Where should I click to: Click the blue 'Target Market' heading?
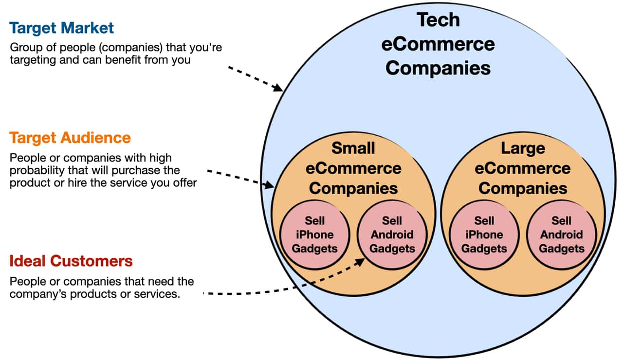(61, 28)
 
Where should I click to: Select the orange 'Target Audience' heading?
(70, 138)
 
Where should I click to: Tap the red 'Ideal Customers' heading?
(71, 261)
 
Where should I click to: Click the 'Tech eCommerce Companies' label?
(438, 44)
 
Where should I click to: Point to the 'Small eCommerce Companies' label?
(353, 168)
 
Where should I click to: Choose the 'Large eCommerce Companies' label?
(523, 168)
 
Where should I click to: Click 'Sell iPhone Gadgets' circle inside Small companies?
(314, 234)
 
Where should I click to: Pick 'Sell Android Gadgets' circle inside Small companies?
(392, 234)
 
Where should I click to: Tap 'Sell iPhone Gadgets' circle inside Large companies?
(484, 234)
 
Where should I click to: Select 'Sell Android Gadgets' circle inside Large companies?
(562, 234)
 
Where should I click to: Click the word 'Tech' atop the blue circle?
(438, 20)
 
